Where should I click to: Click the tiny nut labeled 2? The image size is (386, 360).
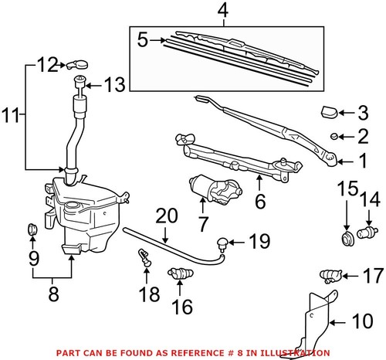point(333,137)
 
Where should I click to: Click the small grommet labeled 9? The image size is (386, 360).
point(32,229)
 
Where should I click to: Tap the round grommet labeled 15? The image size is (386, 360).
point(345,233)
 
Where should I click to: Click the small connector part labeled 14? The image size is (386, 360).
point(368,229)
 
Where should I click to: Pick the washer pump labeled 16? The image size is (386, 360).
point(180,274)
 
